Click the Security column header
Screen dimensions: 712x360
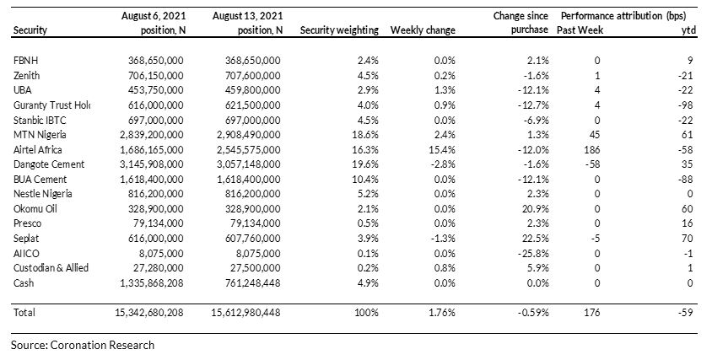click(30, 30)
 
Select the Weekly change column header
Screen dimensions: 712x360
click(423, 30)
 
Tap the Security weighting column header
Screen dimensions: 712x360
click(339, 30)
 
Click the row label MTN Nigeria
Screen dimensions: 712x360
click(40, 135)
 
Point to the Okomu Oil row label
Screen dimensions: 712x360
click(35, 209)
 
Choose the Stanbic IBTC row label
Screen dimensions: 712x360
click(40, 121)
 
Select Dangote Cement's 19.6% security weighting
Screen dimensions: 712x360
click(365, 164)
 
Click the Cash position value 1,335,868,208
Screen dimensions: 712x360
click(152, 283)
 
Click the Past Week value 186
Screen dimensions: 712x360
click(592, 150)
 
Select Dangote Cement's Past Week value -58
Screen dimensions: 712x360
click(592, 164)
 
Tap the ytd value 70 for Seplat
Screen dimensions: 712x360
click(687, 239)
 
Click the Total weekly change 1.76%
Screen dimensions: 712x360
click(442, 312)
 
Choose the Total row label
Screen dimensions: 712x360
click(24, 312)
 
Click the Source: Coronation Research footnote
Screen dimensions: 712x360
click(83, 345)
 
